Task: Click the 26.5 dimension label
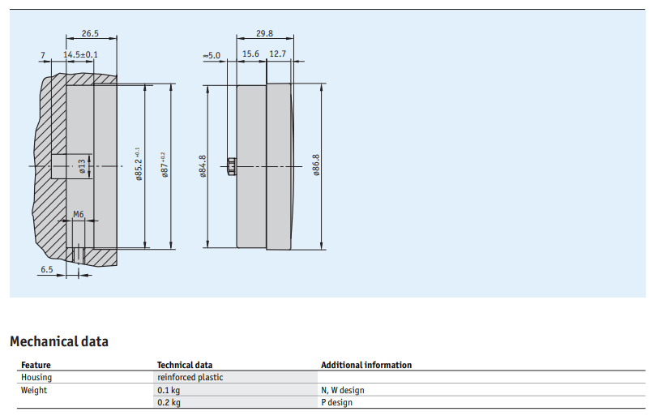tap(90, 33)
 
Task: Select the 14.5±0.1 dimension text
tap(80, 54)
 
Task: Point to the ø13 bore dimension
tap(82, 165)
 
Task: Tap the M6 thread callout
tap(79, 214)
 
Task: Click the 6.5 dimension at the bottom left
tap(47, 269)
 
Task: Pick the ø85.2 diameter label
tap(139, 164)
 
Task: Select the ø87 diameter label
tap(164, 165)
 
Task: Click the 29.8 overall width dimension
tap(264, 33)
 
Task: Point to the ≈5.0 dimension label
tap(212, 55)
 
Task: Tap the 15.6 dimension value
tap(250, 54)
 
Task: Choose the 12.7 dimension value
tap(278, 54)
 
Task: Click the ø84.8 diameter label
tap(203, 166)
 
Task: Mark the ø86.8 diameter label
tap(316, 165)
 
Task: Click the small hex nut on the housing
tap(232, 166)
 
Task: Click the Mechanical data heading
tap(59, 341)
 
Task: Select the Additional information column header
tap(366, 365)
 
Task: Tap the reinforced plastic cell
tap(190, 377)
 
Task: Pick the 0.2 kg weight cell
tap(169, 402)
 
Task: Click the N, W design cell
tap(343, 390)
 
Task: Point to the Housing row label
tap(36, 377)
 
